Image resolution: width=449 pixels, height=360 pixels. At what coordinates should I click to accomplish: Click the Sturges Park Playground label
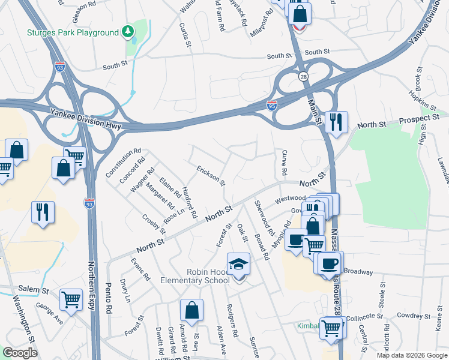72,32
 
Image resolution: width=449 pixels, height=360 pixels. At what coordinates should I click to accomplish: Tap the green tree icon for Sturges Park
127,31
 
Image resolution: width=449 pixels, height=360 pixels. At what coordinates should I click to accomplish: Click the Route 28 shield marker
304,76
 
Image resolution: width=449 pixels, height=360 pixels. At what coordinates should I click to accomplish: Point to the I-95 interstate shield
272,106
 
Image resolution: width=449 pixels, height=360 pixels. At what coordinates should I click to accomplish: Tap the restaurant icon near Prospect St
336,122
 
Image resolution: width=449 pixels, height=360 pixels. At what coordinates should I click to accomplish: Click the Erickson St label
211,175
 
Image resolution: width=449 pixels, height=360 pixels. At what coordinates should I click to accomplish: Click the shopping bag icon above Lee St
191,311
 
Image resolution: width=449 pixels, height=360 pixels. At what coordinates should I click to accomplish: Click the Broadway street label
358,272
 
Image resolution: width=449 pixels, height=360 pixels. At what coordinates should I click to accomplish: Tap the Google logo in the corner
20,353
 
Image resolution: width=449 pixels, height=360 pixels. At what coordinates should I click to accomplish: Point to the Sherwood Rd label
264,220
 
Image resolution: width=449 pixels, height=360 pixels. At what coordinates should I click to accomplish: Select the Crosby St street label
153,223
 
